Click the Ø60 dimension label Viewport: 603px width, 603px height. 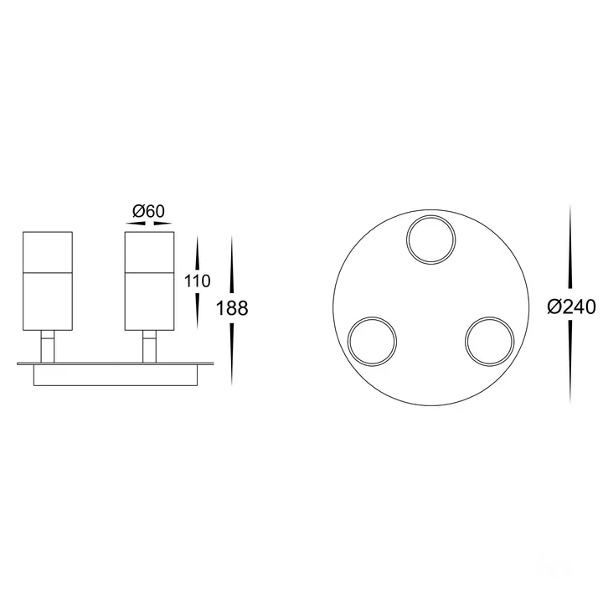(148, 211)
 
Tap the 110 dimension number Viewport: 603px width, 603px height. (198, 281)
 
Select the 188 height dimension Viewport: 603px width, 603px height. (232, 308)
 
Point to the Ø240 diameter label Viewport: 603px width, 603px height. (571, 307)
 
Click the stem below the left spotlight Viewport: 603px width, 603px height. (48, 346)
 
